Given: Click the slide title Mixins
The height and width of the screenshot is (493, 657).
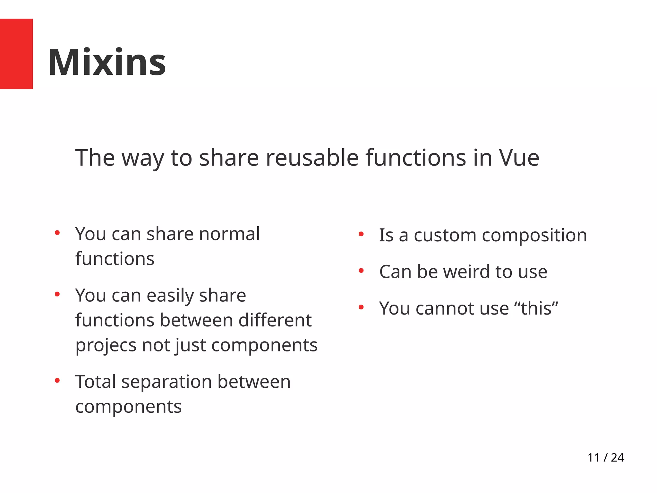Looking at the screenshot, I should [107, 62].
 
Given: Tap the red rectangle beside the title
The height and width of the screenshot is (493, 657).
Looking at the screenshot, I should [16, 54].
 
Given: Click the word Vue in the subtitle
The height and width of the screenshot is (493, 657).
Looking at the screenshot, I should [519, 158].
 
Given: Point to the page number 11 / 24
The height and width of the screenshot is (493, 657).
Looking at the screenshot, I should [605, 457].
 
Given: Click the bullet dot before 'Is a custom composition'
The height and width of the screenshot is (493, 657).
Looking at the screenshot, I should [361, 234].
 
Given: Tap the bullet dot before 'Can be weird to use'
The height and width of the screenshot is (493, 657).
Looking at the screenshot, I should [361, 271].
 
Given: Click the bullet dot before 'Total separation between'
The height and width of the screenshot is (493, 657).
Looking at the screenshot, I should [57, 381].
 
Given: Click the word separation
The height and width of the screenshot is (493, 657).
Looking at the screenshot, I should [167, 382].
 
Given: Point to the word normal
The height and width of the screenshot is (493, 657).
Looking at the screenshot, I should [229, 234].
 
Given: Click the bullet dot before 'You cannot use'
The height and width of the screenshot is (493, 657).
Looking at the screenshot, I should [361, 307].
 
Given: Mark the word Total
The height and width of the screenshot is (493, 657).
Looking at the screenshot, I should [96, 382].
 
